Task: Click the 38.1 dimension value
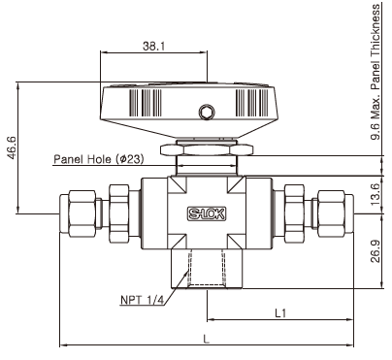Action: click(154, 47)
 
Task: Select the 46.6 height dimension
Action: click(13, 147)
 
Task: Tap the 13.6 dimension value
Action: click(375, 194)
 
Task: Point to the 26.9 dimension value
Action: click(375, 251)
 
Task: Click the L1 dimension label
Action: click(280, 313)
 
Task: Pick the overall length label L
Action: click(207, 339)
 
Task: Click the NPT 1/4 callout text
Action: click(143, 300)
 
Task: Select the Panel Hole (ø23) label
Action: click(99, 159)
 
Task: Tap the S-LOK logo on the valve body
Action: click(207, 213)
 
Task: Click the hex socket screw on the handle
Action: click(207, 112)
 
